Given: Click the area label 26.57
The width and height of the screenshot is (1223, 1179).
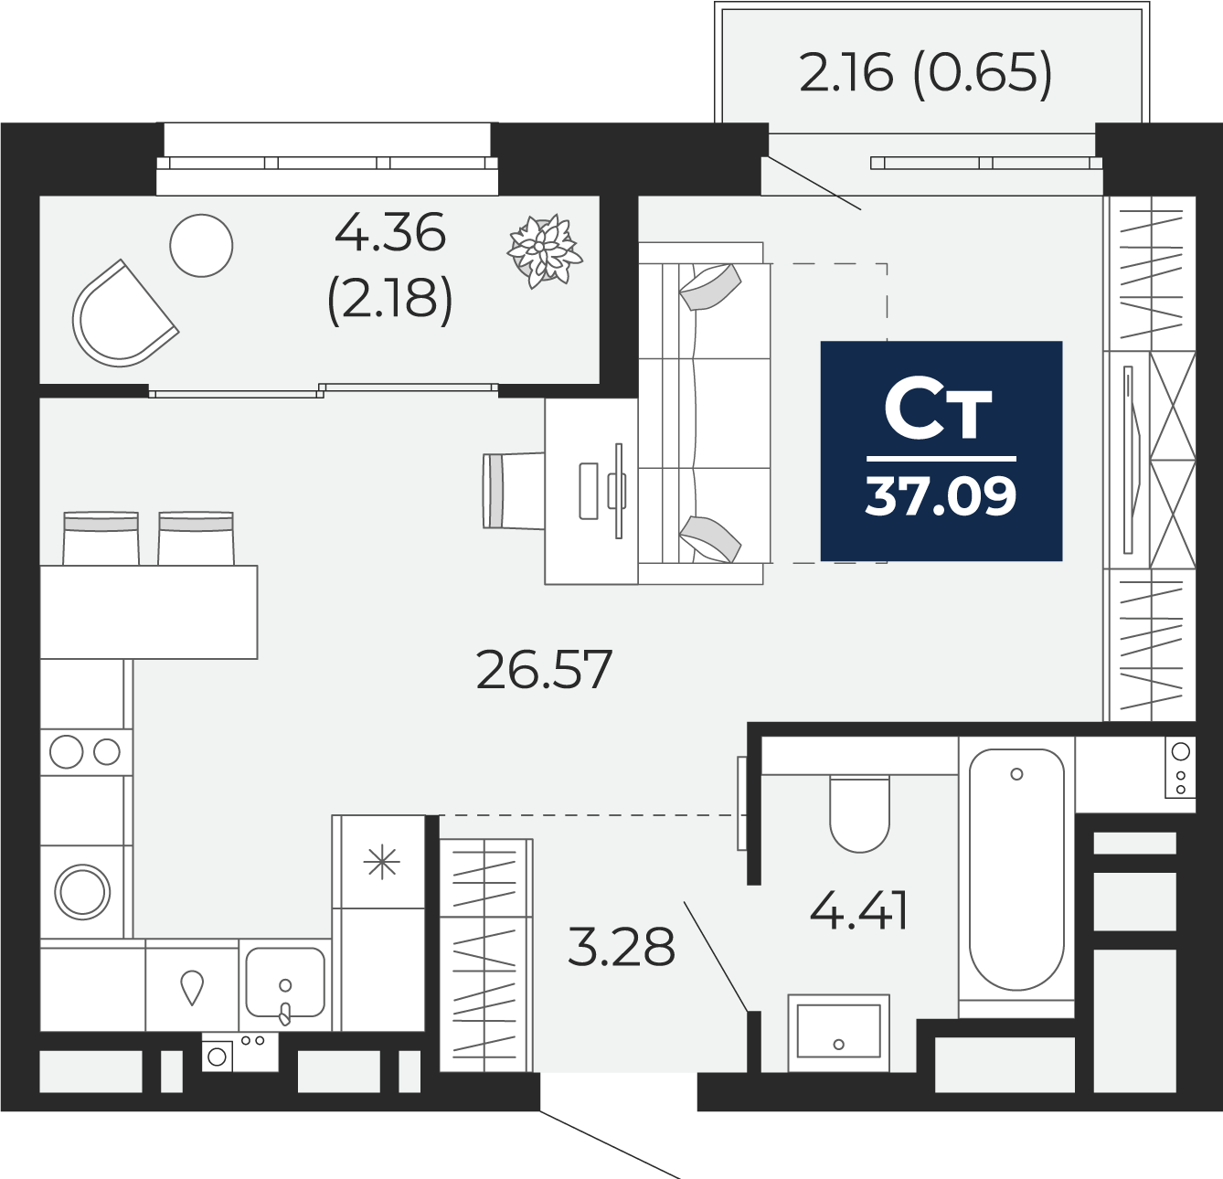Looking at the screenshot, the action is [x=544, y=670].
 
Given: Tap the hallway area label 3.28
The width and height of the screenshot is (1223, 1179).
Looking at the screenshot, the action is [x=621, y=946].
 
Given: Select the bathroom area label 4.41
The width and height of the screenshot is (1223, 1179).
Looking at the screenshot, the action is [x=858, y=911].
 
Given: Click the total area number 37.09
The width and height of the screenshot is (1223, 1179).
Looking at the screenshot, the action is [x=941, y=496].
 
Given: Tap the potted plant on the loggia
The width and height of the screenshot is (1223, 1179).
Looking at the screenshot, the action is [x=544, y=250].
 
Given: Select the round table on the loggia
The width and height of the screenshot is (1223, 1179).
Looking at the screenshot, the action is [x=201, y=245].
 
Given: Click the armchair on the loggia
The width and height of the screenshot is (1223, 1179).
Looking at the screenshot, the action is [x=123, y=314].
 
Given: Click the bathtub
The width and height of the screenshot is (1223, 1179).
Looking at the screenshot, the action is [x=1016, y=869].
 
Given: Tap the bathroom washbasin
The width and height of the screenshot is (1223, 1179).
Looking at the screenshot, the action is [x=838, y=1033].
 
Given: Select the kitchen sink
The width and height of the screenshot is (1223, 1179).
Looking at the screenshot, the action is [x=285, y=982].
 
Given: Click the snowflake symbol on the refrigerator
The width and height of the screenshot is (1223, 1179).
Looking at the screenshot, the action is [x=381, y=862].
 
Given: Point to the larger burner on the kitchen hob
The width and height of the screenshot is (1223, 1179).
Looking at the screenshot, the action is [x=66, y=751].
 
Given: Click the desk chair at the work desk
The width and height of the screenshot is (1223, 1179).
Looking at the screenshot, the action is [x=513, y=491].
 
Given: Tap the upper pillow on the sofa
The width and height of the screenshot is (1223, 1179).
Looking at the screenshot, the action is [x=710, y=287].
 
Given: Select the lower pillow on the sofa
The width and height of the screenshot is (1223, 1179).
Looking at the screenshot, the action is [x=710, y=539].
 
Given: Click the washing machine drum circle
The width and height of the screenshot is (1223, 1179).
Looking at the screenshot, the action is [x=82, y=892].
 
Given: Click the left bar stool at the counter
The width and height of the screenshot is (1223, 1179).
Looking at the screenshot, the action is [x=101, y=538].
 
